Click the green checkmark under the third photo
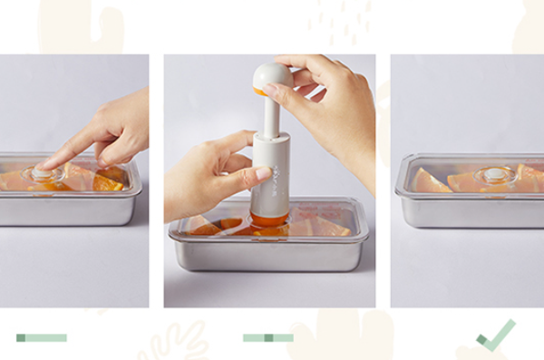point(496,336)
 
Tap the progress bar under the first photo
point(41,337)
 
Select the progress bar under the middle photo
point(267,337)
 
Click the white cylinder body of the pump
point(271,172)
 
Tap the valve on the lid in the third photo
point(494,174)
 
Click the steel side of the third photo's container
point(471,210)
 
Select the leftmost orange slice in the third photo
point(431,181)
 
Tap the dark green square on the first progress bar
point(21,337)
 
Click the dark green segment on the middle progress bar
point(268,337)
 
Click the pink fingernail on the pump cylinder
point(263,172)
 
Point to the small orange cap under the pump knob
point(259,92)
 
